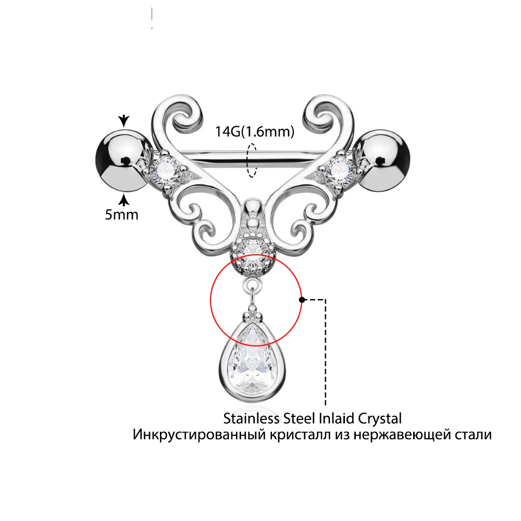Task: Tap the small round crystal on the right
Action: (x=341, y=168)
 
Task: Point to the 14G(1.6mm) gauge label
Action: (x=255, y=132)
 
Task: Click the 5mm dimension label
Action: (x=121, y=214)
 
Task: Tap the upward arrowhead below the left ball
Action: (x=123, y=199)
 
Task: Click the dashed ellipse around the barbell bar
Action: (x=253, y=161)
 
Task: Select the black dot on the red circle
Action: (x=301, y=300)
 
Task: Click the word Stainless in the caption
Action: (x=247, y=418)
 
